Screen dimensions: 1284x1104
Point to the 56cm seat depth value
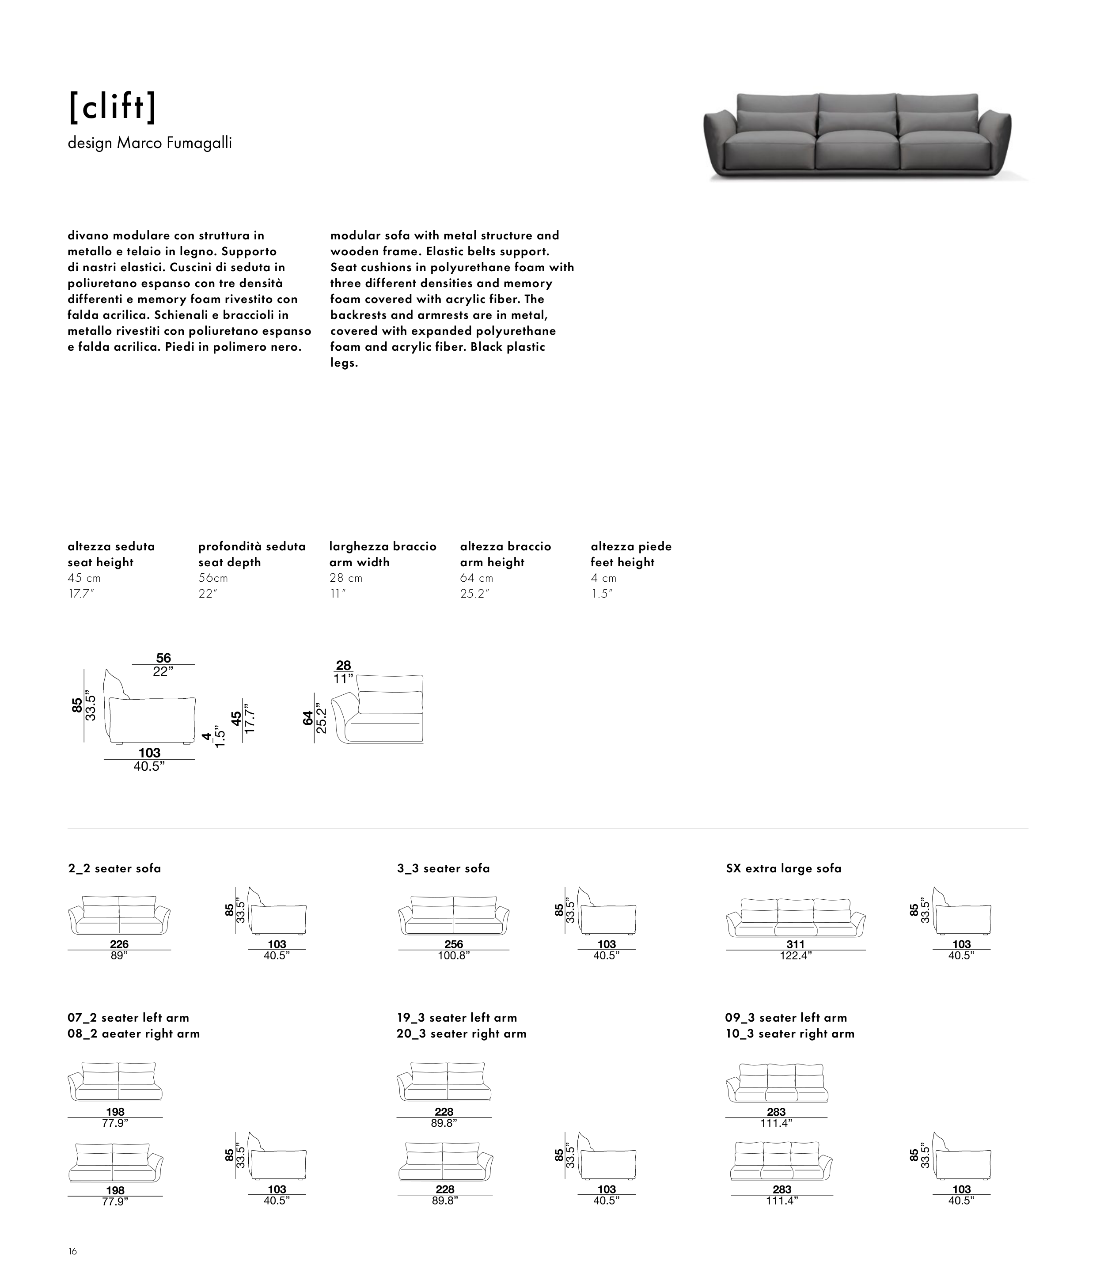(x=213, y=578)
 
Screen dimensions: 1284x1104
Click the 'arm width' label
(x=360, y=562)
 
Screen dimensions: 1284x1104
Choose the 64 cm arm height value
(x=477, y=578)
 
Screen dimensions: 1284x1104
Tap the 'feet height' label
(x=622, y=562)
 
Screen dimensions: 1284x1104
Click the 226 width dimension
(x=119, y=944)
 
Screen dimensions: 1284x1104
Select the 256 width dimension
(x=454, y=944)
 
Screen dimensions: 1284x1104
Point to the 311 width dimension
(x=795, y=944)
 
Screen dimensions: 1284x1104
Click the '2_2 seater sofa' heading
(x=115, y=868)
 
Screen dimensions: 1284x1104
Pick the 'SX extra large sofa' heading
(x=784, y=868)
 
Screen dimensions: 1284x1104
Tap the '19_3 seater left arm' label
(x=457, y=1018)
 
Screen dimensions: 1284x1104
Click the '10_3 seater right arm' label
(x=790, y=1034)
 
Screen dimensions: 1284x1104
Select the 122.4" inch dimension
(x=795, y=955)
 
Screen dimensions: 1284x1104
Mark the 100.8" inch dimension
(x=454, y=955)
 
